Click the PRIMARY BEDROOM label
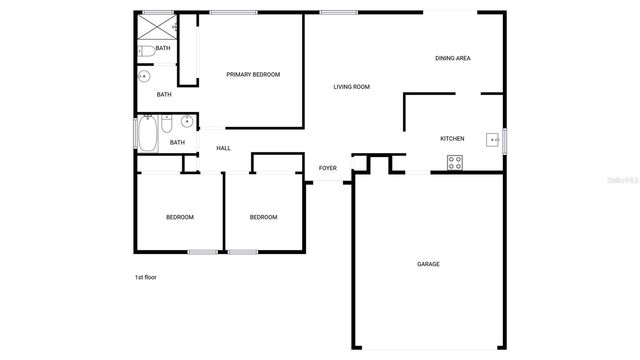(x=252, y=75)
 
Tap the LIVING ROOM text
(x=351, y=87)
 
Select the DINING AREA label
(x=452, y=59)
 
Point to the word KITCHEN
(x=453, y=139)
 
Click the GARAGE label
(x=428, y=264)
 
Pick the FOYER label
(x=327, y=168)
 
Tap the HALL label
(x=223, y=148)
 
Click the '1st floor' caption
(x=146, y=277)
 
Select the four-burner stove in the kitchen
(x=455, y=162)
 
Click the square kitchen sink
(x=492, y=139)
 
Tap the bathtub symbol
(x=147, y=134)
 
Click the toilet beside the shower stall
(x=146, y=50)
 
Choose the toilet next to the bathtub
(x=166, y=124)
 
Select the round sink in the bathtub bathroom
(x=186, y=123)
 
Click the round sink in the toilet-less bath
(x=144, y=76)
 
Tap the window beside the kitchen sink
(x=505, y=139)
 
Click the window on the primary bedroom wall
(x=228, y=12)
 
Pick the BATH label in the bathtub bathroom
(x=177, y=143)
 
